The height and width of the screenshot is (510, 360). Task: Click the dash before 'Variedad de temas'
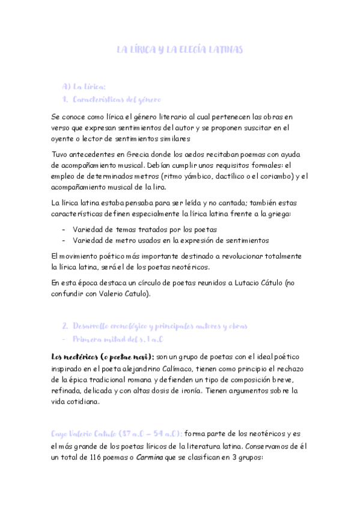pos(64,229)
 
